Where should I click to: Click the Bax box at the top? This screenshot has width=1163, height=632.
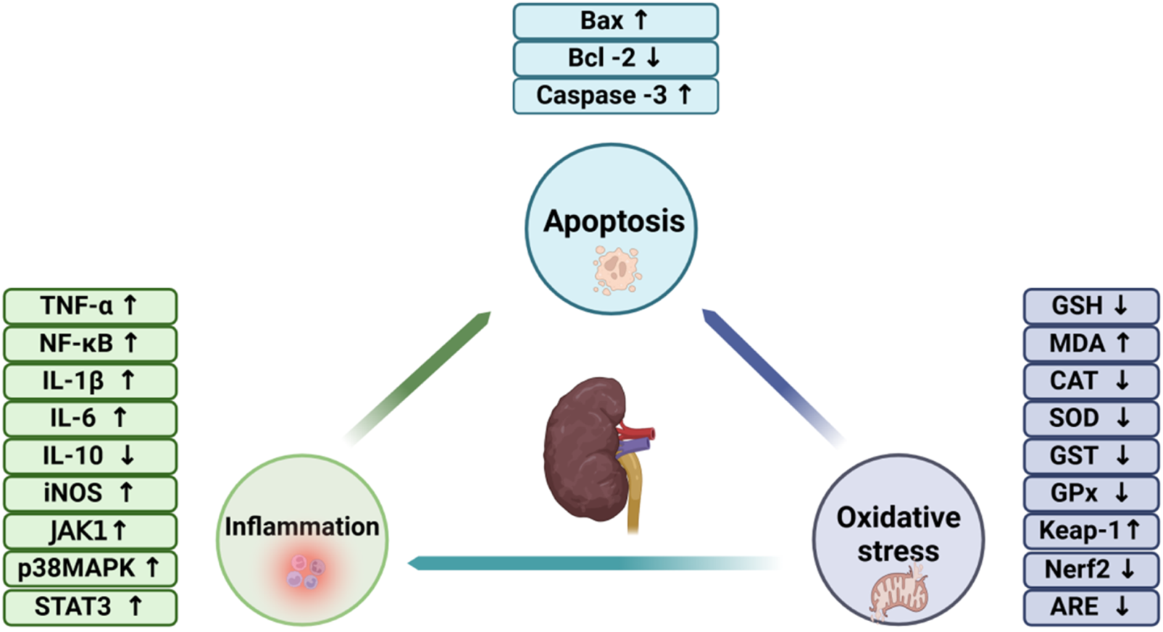(x=615, y=21)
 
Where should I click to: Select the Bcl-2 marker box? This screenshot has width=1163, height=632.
(x=615, y=58)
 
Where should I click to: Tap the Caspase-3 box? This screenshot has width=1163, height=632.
(x=615, y=96)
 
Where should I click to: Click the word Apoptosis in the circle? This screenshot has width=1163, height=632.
(x=614, y=221)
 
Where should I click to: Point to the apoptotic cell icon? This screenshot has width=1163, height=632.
(x=617, y=270)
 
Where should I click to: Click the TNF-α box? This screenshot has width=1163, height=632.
(x=90, y=306)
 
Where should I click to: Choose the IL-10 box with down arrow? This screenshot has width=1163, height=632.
(x=90, y=455)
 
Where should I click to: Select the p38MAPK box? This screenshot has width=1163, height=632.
(x=90, y=568)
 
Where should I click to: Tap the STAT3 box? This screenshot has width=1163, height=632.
(x=90, y=606)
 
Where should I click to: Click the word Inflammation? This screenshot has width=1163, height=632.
(x=301, y=526)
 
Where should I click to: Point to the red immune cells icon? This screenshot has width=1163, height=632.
(x=305, y=571)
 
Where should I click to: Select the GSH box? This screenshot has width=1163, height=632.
(x=1091, y=306)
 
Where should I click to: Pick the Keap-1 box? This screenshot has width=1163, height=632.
(x=1091, y=531)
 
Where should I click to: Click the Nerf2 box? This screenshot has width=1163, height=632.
(x=1091, y=569)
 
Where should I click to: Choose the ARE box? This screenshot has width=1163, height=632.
(x=1091, y=607)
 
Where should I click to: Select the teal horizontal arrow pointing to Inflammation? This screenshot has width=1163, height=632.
(x=580, y=563)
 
